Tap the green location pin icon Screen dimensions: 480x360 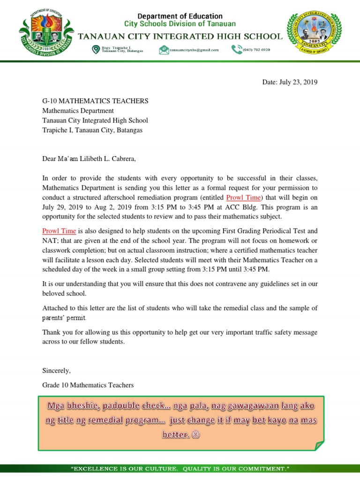96,49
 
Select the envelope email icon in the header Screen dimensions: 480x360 164,50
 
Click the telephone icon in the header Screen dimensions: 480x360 236,50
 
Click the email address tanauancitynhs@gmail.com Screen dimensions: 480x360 194,50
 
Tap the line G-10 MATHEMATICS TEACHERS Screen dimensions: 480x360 95,101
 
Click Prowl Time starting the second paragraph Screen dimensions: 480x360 59,231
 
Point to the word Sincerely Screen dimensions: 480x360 56,370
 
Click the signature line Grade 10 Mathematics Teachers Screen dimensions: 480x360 88,385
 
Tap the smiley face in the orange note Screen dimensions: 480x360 196,435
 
